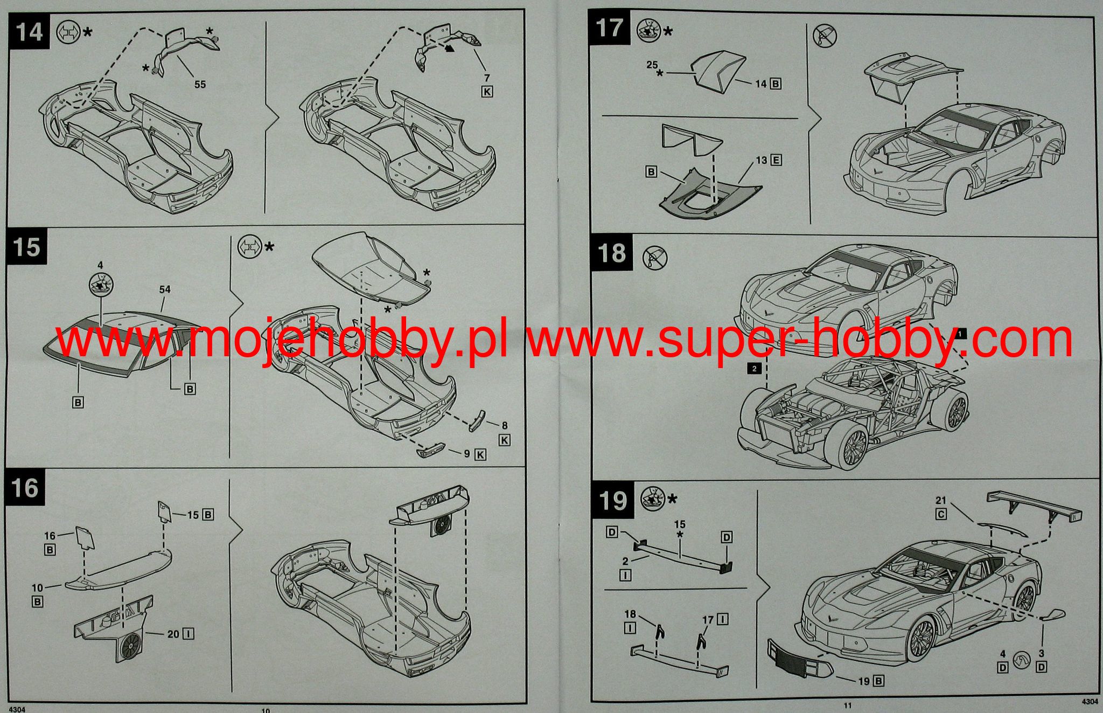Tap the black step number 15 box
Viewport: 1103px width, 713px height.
coord(27,247)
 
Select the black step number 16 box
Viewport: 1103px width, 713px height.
coord(26,488)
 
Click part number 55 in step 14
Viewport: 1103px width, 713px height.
coord(200,85)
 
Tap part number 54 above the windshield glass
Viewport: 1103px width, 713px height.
coord(165,289)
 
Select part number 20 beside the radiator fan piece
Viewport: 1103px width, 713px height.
coord(173,634)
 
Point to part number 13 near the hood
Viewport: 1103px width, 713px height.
coord(761,160)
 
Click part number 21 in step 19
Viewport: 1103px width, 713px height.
coord(941,501)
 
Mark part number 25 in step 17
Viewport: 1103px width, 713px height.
coord(652,65)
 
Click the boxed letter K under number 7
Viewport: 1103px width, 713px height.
coord(486,92)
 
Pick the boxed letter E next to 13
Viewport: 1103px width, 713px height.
coord(776,160)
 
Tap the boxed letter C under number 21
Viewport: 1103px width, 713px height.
coord(941,514)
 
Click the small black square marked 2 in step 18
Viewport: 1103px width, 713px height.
coord(754,369)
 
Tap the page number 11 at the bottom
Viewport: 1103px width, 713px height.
coord(848,705)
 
